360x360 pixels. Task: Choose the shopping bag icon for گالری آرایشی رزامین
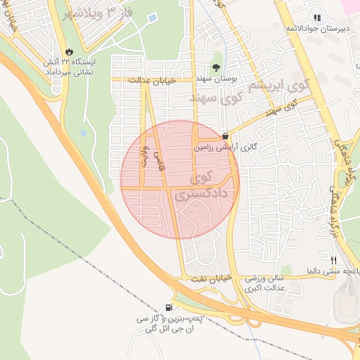point(225,136)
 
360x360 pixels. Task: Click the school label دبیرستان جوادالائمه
point(317,27)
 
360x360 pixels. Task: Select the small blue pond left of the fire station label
point(84,131)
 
